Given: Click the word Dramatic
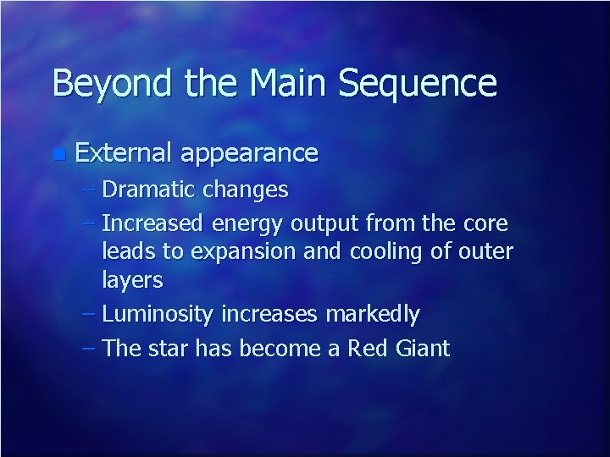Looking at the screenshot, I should pos(150,190).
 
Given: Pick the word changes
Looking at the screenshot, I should pos(247,190).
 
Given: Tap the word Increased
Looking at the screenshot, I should pos(153,223).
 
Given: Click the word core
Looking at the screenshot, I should pos(485,223).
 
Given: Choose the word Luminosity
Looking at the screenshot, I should pos(158,315).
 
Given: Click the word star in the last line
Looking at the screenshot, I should pos(170,348).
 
